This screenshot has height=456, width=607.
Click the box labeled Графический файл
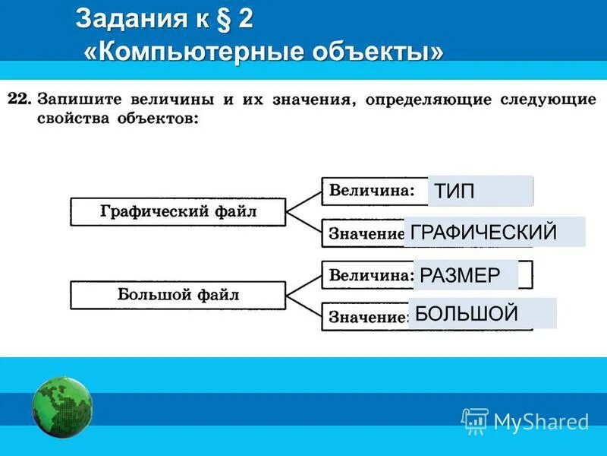178,212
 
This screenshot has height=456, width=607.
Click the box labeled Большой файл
178,295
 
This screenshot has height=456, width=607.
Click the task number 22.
19,100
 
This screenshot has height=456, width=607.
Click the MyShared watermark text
540,421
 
